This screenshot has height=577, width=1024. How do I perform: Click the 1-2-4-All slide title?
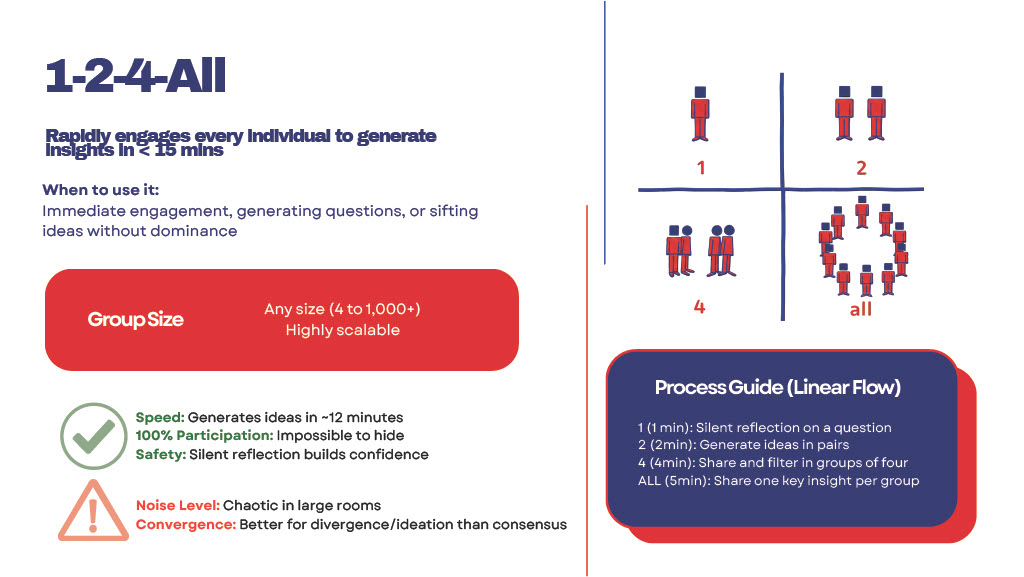pos(136,76)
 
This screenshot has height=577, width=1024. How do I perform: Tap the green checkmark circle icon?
pos(93,436)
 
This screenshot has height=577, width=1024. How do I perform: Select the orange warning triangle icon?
pos(93,510)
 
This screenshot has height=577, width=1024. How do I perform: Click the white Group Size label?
pos(136,319)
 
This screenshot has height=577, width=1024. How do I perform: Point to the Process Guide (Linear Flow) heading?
pos(778,388)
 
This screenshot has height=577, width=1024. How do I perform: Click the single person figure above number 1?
pos(700,114)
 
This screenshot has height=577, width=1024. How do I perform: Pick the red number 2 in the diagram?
pos(861,168)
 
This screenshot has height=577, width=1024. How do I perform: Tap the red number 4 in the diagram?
pos(699,307)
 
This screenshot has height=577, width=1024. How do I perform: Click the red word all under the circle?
pos(861,309)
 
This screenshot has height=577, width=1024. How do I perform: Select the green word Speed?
pos(160,417)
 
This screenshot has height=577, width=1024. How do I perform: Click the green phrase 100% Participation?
pos(204,435)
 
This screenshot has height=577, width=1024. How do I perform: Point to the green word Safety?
pos(161,454)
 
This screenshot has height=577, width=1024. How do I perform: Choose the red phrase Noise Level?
pos(178,505)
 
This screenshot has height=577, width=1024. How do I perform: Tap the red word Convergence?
pos(186,524)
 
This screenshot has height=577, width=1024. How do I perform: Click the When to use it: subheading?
pos(101,190)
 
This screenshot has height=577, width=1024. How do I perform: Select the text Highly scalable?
pos(343,330)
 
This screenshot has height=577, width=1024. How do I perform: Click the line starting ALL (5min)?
pos(778,481)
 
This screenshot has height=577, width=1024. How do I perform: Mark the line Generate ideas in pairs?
pos(744,445)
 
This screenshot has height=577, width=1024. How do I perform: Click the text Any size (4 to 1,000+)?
pos(342,309)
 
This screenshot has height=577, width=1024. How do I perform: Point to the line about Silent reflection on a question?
pos(765,428)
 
